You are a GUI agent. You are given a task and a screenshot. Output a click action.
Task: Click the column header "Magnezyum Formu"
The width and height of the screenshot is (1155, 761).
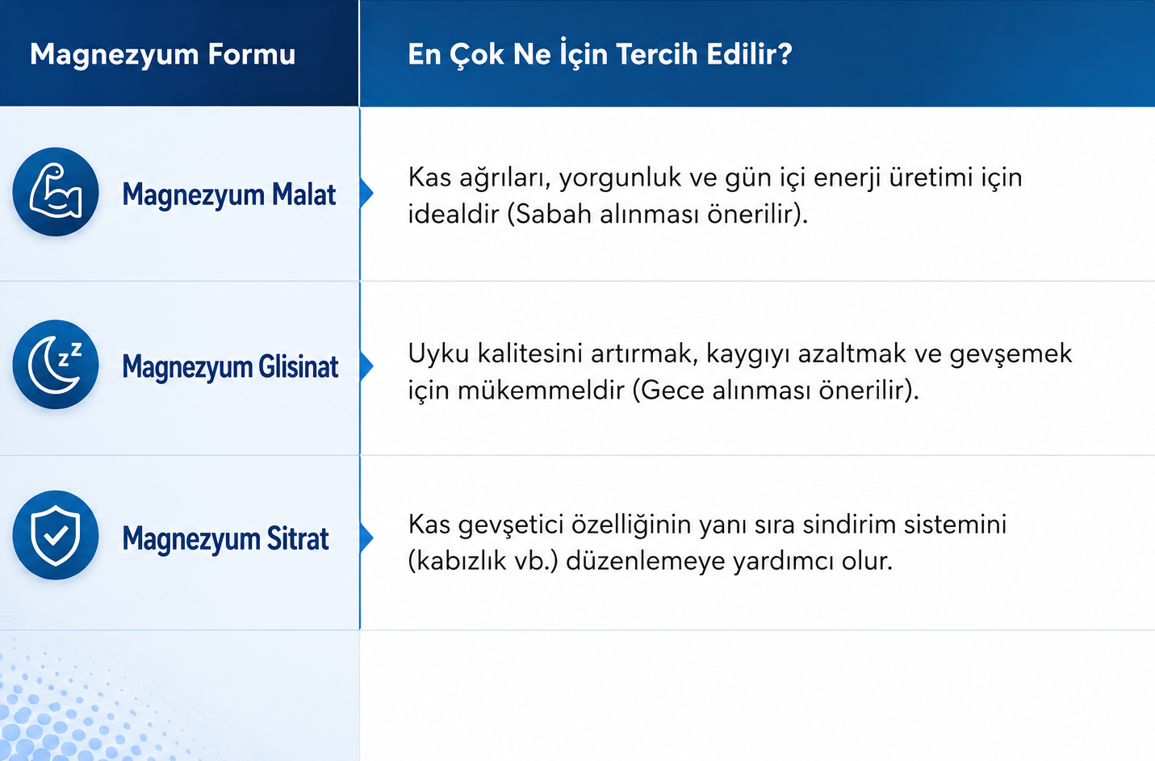[x=162, y=55]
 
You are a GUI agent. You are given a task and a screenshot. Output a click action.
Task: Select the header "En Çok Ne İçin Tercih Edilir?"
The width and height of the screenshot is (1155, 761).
[x=600, y=53]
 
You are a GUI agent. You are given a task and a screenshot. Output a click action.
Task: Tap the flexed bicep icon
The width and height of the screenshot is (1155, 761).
[x=56, y=192]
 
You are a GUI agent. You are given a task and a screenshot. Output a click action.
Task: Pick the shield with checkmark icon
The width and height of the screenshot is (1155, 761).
[x=56, y=535]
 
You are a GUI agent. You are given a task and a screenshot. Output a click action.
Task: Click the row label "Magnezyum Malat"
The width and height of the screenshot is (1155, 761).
[x=229, y=195]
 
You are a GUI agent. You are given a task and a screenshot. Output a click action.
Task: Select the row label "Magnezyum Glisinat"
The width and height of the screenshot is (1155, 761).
[x=230, y=367]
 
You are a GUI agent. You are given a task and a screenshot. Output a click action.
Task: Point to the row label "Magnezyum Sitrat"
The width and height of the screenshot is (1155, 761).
[x=225, y=539]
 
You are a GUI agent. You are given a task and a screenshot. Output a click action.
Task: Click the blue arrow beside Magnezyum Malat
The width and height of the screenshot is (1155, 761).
[x=366, y=193]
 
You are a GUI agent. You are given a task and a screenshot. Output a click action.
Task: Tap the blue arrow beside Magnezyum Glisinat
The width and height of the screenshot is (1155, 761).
[x=366, y=366]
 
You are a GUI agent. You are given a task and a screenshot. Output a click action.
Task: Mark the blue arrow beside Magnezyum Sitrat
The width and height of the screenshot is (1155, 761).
[x=366, y=537]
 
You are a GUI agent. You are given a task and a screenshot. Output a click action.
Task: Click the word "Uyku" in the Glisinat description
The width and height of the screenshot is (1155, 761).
[x=438, y=354]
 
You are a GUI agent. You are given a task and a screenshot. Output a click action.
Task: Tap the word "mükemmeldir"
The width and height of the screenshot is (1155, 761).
[x=542, y=391]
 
